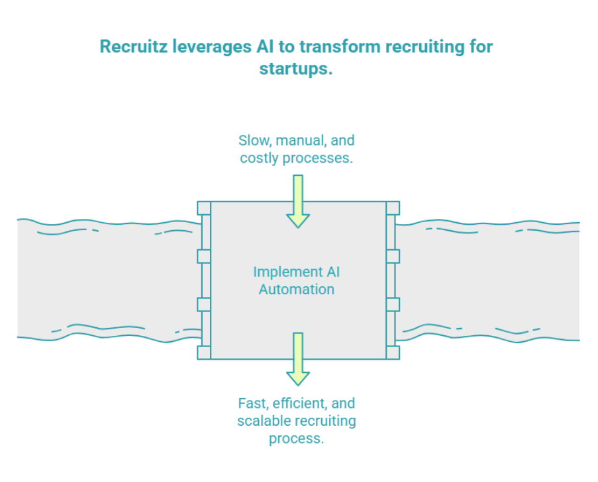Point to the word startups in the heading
tap(295, 68)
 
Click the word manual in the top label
tap(301, 140)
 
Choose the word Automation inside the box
tap(297, 290)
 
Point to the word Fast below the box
tap(252, 403)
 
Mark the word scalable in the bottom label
tap(262, 421)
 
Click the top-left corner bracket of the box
tap(204, 208)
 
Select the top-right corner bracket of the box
tap(393, 208)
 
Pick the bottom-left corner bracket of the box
tap(204, 352)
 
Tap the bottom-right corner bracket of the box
tap(393, 352)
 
